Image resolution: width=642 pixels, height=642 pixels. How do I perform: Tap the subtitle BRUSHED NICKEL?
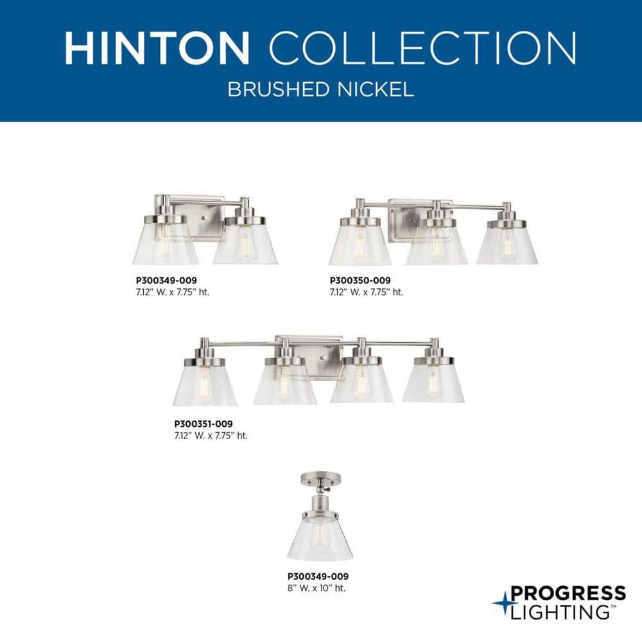[320, 89]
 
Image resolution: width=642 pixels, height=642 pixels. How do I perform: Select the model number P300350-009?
[360, 281]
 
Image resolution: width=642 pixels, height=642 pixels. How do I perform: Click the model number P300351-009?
[203, 424]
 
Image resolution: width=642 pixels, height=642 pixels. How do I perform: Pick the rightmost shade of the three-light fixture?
[507, 245]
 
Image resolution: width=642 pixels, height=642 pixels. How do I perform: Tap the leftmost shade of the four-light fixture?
[205, 385]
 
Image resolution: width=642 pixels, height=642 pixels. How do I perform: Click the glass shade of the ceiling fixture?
[319, 538]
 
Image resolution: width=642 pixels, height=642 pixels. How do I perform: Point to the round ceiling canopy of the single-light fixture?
[319, 478]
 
